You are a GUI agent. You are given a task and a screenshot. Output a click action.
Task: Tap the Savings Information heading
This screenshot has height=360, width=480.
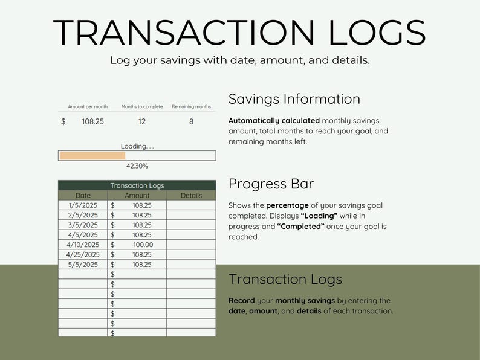(294, 100)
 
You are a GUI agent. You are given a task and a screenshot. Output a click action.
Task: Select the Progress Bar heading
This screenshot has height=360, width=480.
(271, 184)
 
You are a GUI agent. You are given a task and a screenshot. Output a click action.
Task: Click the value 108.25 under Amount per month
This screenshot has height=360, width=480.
(92, 121)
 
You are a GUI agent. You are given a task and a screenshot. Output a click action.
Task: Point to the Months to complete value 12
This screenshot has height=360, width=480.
(142, 121)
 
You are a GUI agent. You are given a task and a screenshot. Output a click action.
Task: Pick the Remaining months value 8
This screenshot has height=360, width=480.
(191, 121)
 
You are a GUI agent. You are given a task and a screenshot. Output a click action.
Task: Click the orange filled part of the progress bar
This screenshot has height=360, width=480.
(92, 156)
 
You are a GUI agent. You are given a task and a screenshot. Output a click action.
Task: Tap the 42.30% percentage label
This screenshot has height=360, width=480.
(137, 166)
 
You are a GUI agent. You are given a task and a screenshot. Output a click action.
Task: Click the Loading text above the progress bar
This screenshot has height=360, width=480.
(137, 146)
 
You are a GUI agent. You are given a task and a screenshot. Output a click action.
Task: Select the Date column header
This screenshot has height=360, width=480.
(83, 196)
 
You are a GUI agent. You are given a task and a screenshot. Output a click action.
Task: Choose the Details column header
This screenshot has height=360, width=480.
(191, 196)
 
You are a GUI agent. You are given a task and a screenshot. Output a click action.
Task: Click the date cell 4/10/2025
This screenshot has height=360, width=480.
(83, 245)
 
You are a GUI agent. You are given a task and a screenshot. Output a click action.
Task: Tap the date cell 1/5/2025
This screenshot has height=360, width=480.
(83, 205)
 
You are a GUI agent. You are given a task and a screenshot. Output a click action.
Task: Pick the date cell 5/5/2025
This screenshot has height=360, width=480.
(83, 265)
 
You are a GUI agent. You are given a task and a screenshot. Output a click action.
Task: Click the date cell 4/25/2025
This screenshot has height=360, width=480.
(83, 255)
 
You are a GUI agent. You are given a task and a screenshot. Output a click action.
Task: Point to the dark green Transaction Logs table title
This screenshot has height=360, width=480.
(137, 185)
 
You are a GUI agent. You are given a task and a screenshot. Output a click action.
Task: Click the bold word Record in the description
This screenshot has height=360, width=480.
(241, 301)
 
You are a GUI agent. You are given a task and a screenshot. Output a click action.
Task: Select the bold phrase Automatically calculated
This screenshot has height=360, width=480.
(274, 121)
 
